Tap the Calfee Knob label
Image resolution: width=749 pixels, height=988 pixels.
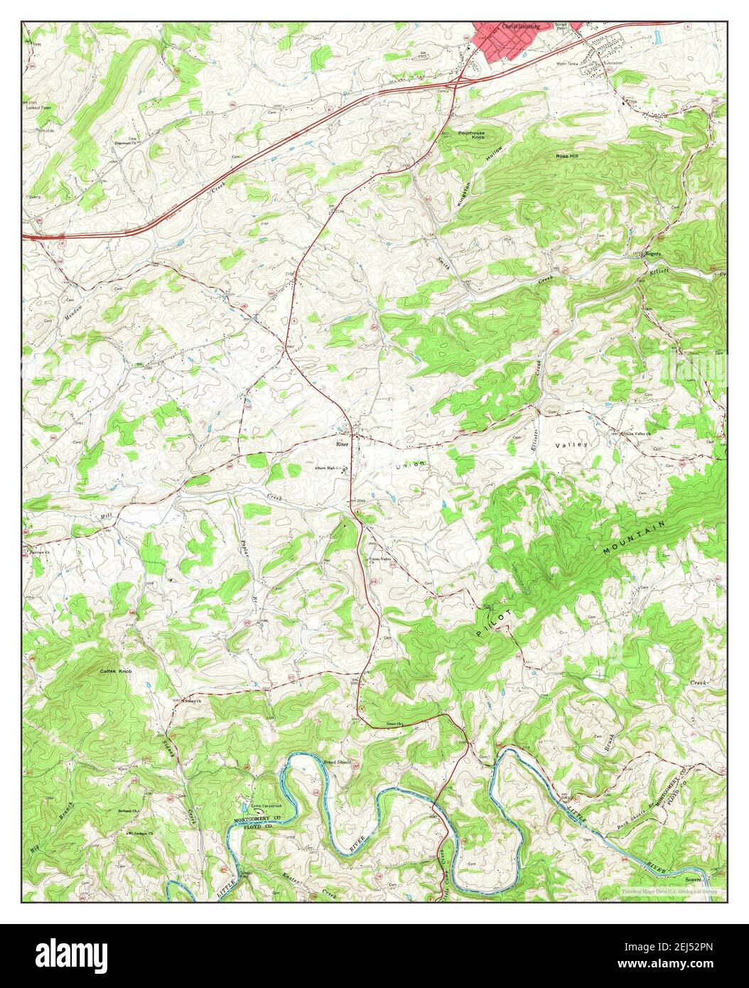[115, 671]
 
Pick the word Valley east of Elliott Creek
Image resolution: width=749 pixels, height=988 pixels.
[572, 445]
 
